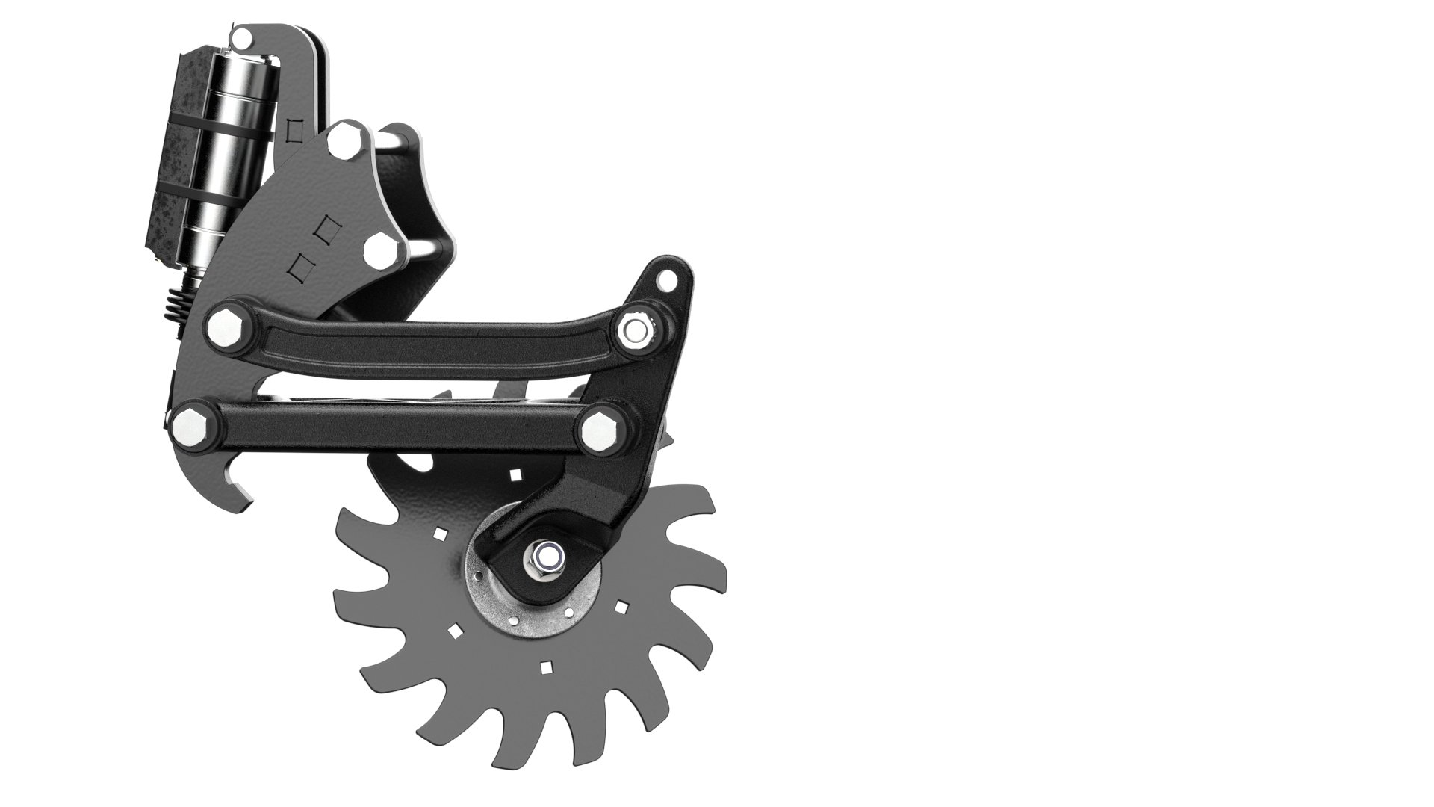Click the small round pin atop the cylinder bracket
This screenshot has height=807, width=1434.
click(x=240, y=35)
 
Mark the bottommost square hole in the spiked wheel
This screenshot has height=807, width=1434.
click(x=547, y=667)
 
